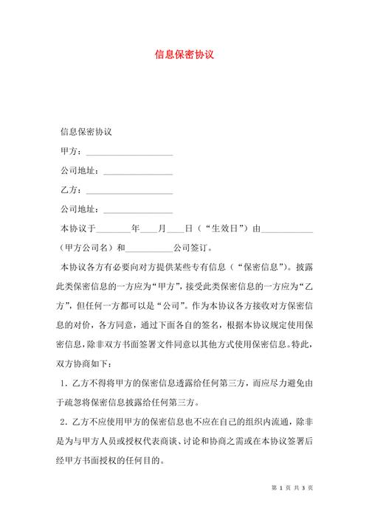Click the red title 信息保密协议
[184, 54]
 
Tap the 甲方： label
[72, 153]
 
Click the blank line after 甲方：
[129, 153]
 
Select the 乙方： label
[72, 190]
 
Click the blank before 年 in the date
[113, 229]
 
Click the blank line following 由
[288, 229]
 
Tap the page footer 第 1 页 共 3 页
[294, 487]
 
